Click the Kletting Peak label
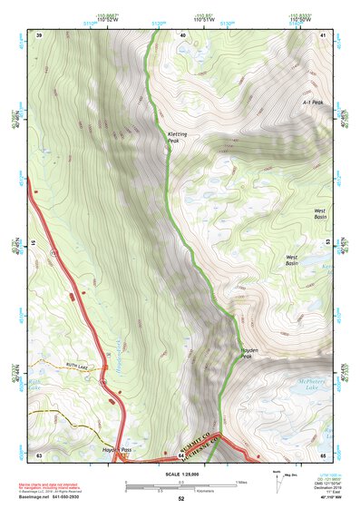177,138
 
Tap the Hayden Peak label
251,354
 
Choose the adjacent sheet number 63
39,454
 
